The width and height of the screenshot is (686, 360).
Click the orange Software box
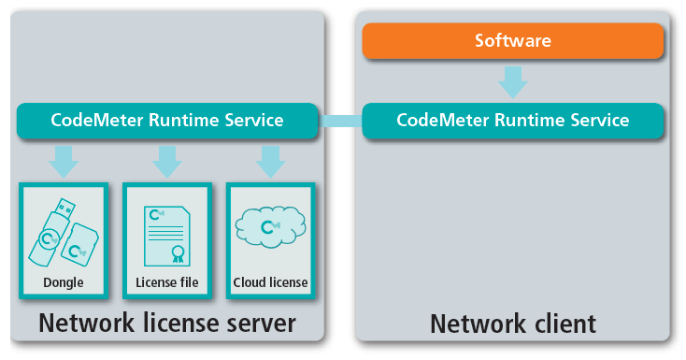tap(513, 41)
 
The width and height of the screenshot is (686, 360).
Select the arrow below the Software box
tap(513, 82)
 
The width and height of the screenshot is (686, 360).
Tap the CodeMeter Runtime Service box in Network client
tap(513, 121)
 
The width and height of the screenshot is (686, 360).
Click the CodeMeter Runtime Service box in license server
tap(167, 121)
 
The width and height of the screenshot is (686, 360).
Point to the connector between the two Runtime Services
tap(340, 121)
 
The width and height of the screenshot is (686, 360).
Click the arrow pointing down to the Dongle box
tap(64, 162)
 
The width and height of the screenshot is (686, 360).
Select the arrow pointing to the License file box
tap(167, 162)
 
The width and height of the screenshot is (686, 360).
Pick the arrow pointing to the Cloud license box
tap(270, 162)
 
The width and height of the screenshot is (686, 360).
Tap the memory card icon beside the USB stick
tap(79, 245)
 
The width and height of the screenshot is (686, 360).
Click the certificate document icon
tap(167, 236)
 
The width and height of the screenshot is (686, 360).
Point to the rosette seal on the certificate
tap(179, 254)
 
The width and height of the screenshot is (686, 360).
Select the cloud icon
tap(270, 227)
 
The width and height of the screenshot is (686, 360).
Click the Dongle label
tap(64, 282)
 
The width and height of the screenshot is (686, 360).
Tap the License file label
tap(167, 282)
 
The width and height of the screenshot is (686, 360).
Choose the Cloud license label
tap(270, 282)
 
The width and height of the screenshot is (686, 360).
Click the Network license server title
tap(167, 324)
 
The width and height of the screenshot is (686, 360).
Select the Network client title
tap(513, 324)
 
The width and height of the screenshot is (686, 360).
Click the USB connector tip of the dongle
tap(66, 207)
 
